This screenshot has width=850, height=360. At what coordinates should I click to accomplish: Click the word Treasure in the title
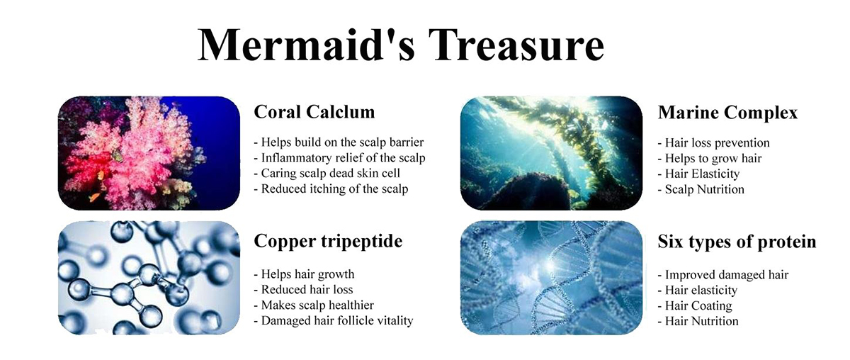[516, 44]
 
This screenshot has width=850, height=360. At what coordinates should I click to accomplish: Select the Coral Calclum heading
[314, 112]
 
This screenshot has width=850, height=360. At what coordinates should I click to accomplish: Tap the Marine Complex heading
[727, 113]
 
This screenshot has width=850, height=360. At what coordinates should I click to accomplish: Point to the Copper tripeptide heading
[328, 242]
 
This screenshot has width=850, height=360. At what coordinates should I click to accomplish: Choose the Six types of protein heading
[737, 242]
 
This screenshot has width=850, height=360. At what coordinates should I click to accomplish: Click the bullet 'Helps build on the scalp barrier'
[339, 142]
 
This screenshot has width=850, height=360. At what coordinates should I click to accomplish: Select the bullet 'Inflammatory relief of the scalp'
[339, 157]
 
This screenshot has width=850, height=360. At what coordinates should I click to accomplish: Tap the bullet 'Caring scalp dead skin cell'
[327, 173]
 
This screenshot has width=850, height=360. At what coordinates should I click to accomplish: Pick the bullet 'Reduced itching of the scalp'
[331, 189]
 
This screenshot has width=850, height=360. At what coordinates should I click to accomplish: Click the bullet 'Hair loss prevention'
[714, 142]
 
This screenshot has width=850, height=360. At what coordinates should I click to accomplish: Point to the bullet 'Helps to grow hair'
[710, 158]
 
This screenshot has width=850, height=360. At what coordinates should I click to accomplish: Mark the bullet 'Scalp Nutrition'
[701, 189]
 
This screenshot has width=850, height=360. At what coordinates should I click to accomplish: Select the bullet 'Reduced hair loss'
[304, 290]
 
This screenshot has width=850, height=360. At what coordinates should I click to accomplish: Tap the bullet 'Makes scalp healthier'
[314, 305]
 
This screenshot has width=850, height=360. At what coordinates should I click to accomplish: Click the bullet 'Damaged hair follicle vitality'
[334, 321]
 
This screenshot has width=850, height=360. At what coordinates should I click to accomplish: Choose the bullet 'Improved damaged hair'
[723, 275]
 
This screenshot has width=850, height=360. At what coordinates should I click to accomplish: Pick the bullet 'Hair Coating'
[695, 306]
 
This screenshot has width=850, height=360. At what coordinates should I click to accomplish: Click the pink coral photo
[149, 153]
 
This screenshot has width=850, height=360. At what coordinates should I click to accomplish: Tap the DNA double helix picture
[551, 278]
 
